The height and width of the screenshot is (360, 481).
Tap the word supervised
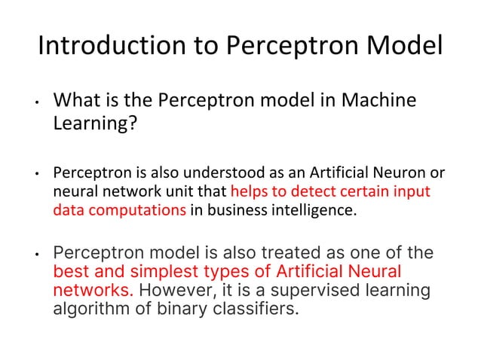tap(326, 290)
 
